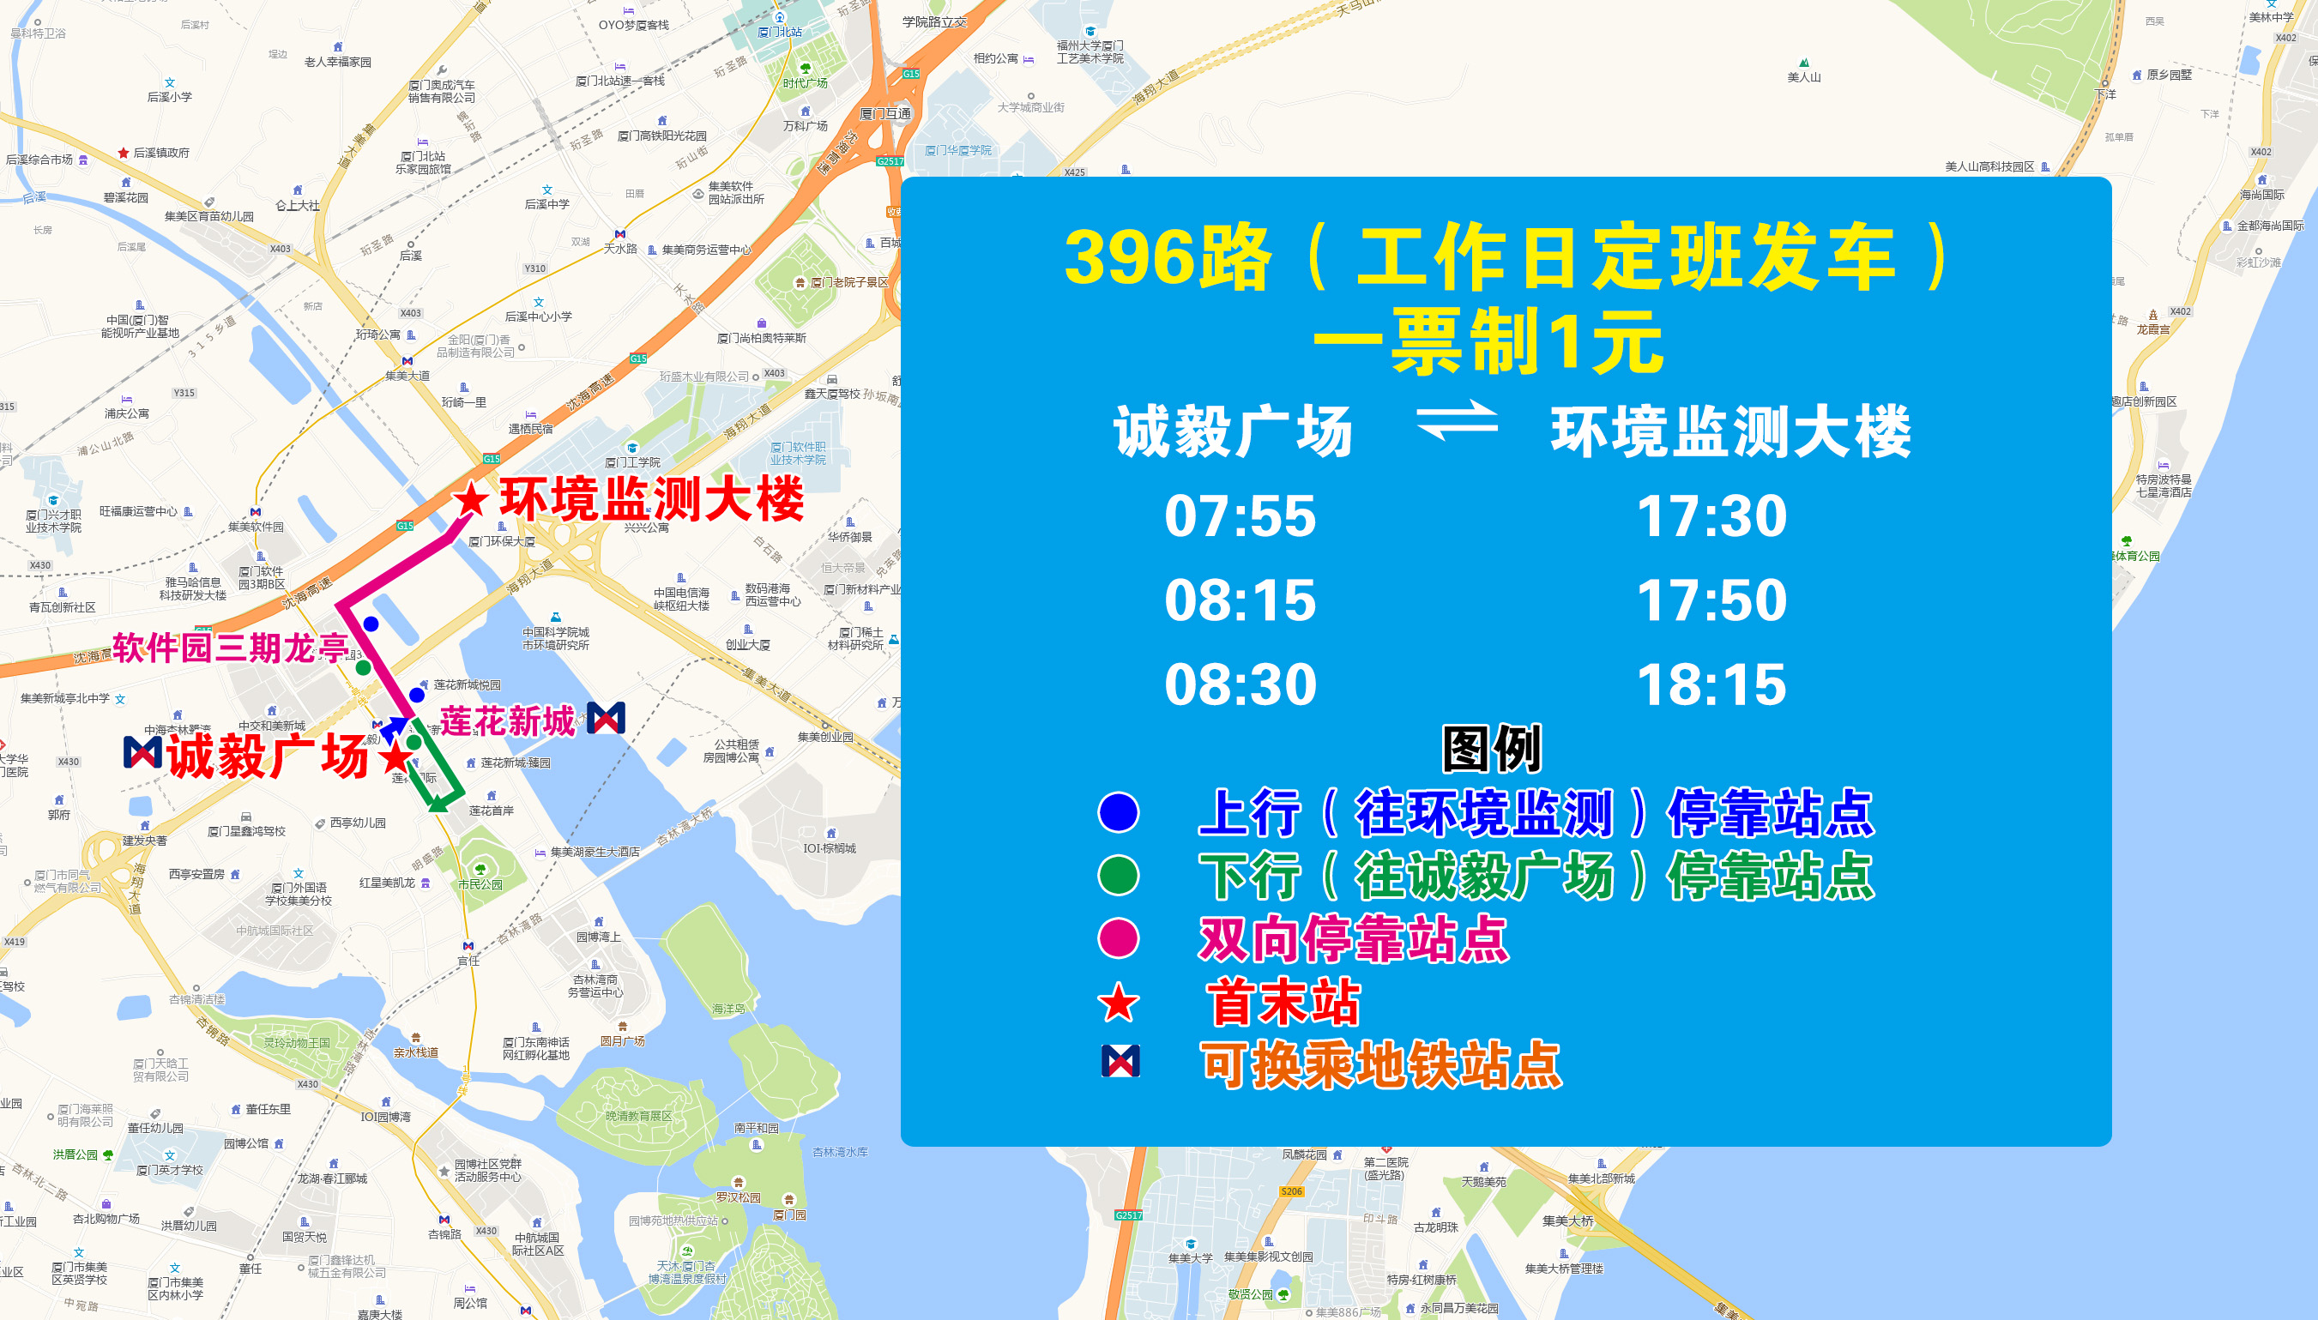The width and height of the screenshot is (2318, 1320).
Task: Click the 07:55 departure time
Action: coord(1240,515)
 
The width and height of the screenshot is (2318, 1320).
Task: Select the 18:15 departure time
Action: coord(1711,684)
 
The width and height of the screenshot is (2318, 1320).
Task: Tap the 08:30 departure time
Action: coord(1240,684)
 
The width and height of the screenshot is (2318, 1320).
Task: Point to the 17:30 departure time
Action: coord(1711,515)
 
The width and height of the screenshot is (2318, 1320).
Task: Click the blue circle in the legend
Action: coord(1118,811)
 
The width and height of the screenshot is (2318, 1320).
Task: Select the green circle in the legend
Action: coord(1118,875)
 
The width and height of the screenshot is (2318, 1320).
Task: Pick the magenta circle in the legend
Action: coord(1118,938)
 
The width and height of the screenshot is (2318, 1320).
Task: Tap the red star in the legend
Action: coord(1118,1004)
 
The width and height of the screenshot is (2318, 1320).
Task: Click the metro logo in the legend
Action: coord(1120,1062)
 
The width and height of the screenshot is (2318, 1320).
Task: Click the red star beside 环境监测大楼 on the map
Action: coord(470,499)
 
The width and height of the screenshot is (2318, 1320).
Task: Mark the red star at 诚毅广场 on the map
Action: coord(395,756)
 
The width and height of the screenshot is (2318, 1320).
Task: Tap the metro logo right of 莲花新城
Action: coord(606,718)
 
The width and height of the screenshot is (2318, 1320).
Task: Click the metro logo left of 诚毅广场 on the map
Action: coord(142,752)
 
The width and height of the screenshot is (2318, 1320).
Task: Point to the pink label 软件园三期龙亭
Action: coord(231,648)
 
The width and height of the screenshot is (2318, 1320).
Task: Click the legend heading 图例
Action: coord(1491,749)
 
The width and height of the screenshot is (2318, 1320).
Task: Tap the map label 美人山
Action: coord(1803,77)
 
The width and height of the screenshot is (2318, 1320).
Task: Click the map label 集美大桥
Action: coord(1567,1221)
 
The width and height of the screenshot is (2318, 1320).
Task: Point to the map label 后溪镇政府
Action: coord(161,153)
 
